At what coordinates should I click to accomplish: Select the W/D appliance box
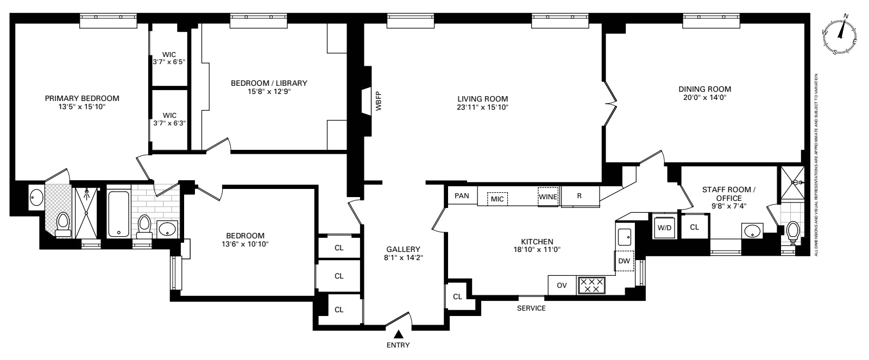coord(664,227)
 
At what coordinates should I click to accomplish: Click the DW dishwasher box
coord(625,261)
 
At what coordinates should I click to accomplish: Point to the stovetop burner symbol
coord(591,285)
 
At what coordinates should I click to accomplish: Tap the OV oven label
coord(562,285)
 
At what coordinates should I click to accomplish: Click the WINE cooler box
coord(548,197)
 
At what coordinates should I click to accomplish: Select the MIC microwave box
coord(497,199)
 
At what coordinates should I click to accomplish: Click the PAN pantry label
coord(462,195)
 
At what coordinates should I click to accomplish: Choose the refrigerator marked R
coord(580,196)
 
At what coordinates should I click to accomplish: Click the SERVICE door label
coord(531,308)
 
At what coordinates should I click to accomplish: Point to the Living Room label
coord(482,99)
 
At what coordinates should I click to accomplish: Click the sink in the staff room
coord(752,231)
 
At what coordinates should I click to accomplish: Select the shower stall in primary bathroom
coord(86,213)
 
